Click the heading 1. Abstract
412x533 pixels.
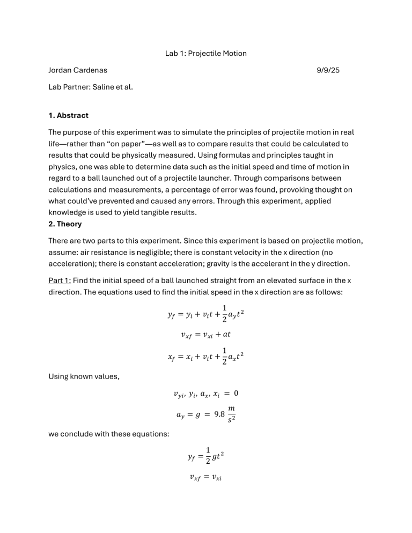[68, 115]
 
